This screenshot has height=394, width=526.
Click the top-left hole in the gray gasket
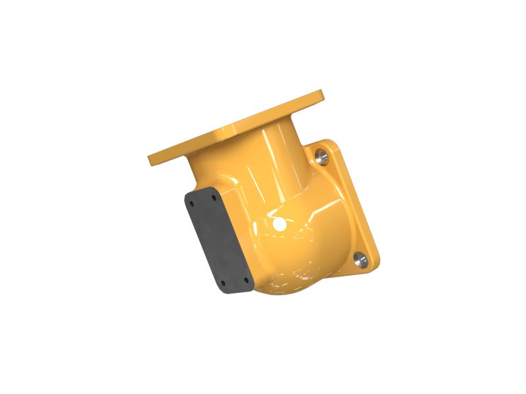(x=191, y=204)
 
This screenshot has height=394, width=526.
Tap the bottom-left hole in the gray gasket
(x=224, y=284)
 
